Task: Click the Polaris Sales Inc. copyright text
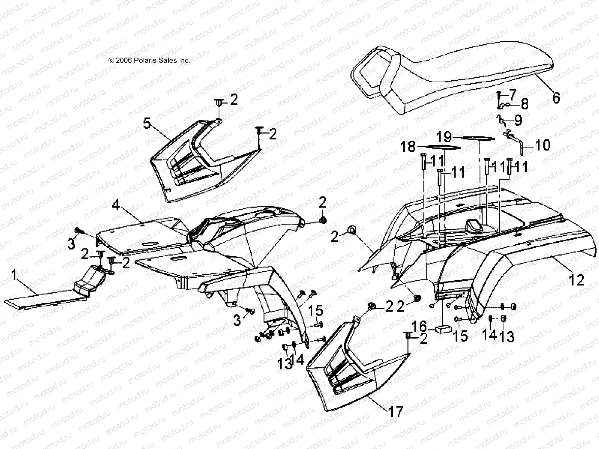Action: [x=149, y=60]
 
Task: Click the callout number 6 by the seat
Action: [x=556, y=98]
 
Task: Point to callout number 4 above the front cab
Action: [x=116, y=205]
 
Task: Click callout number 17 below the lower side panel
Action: [x=396, y=412]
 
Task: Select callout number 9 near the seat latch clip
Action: [x=518, y=120]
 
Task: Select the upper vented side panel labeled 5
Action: [x=195, y=165]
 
